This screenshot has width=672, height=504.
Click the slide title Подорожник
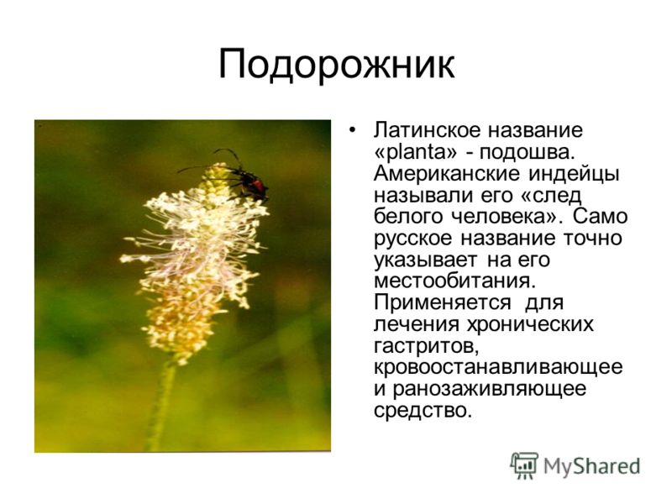tap(337, 66)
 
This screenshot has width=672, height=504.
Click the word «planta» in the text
tap(417, 151)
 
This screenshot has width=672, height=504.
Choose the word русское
tap(412, 239)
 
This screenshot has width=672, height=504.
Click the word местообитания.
tap(455, 281)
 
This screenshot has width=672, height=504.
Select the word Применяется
tap(443, 303)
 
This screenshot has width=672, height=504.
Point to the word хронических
tap(530, 324)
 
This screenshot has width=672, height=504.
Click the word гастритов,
tap(427, 346)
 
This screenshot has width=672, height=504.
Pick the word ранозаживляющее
tap(490, 389)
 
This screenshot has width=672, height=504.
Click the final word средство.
tap(423, 411)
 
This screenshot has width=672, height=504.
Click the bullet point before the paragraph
tap(352, 130)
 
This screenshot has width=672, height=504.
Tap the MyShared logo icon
tap(524, 465)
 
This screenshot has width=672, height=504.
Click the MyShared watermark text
tap(592, 466)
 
